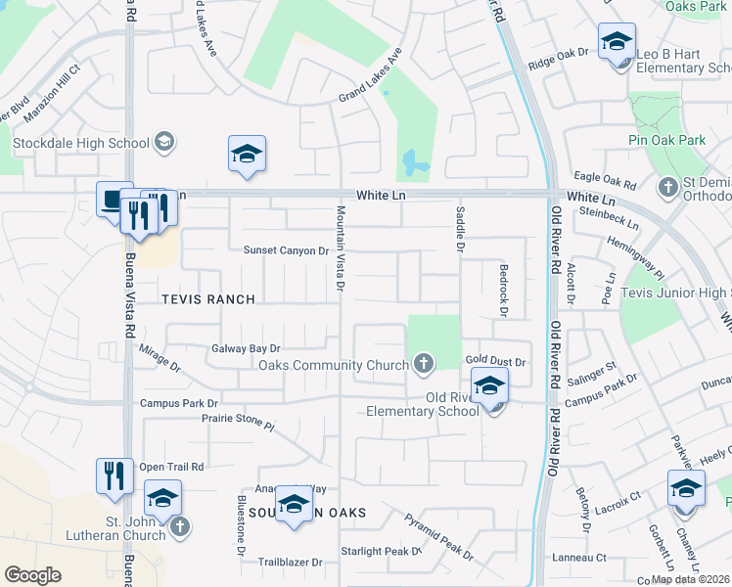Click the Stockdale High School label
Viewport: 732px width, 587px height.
point(80,144)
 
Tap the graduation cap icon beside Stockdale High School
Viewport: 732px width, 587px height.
point(164,143)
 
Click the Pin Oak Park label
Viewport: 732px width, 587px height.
point(666,141)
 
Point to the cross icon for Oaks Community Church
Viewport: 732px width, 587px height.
point(424,365)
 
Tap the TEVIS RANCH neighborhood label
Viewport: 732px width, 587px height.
point(208,299)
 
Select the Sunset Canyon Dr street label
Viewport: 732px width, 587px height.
point(286,250)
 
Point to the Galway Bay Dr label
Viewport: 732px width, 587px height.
point(246,348)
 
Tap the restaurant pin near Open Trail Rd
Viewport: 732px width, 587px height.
point(114,476)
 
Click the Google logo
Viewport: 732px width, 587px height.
point(32,575)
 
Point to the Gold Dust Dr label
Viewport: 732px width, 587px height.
point(495,361)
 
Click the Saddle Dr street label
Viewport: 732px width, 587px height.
point(458,227)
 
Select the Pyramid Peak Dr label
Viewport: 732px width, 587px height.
point(438,537)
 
